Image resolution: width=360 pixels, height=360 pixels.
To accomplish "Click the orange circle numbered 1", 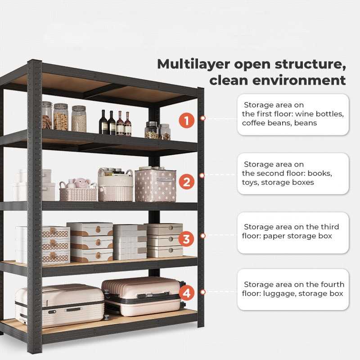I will (x=186, y=121).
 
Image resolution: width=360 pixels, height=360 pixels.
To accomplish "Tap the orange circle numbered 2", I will (x=186, y=182).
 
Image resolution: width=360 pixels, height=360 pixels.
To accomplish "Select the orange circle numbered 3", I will (x=186, y=238).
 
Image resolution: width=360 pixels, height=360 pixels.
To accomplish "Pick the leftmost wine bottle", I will (x=103, y=122).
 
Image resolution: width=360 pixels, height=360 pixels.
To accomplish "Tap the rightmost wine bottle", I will (x=128, y=124).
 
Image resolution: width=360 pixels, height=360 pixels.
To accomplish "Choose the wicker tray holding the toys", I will (x=78, y=193).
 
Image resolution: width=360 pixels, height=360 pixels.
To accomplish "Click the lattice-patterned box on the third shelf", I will (x=56, y=245).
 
